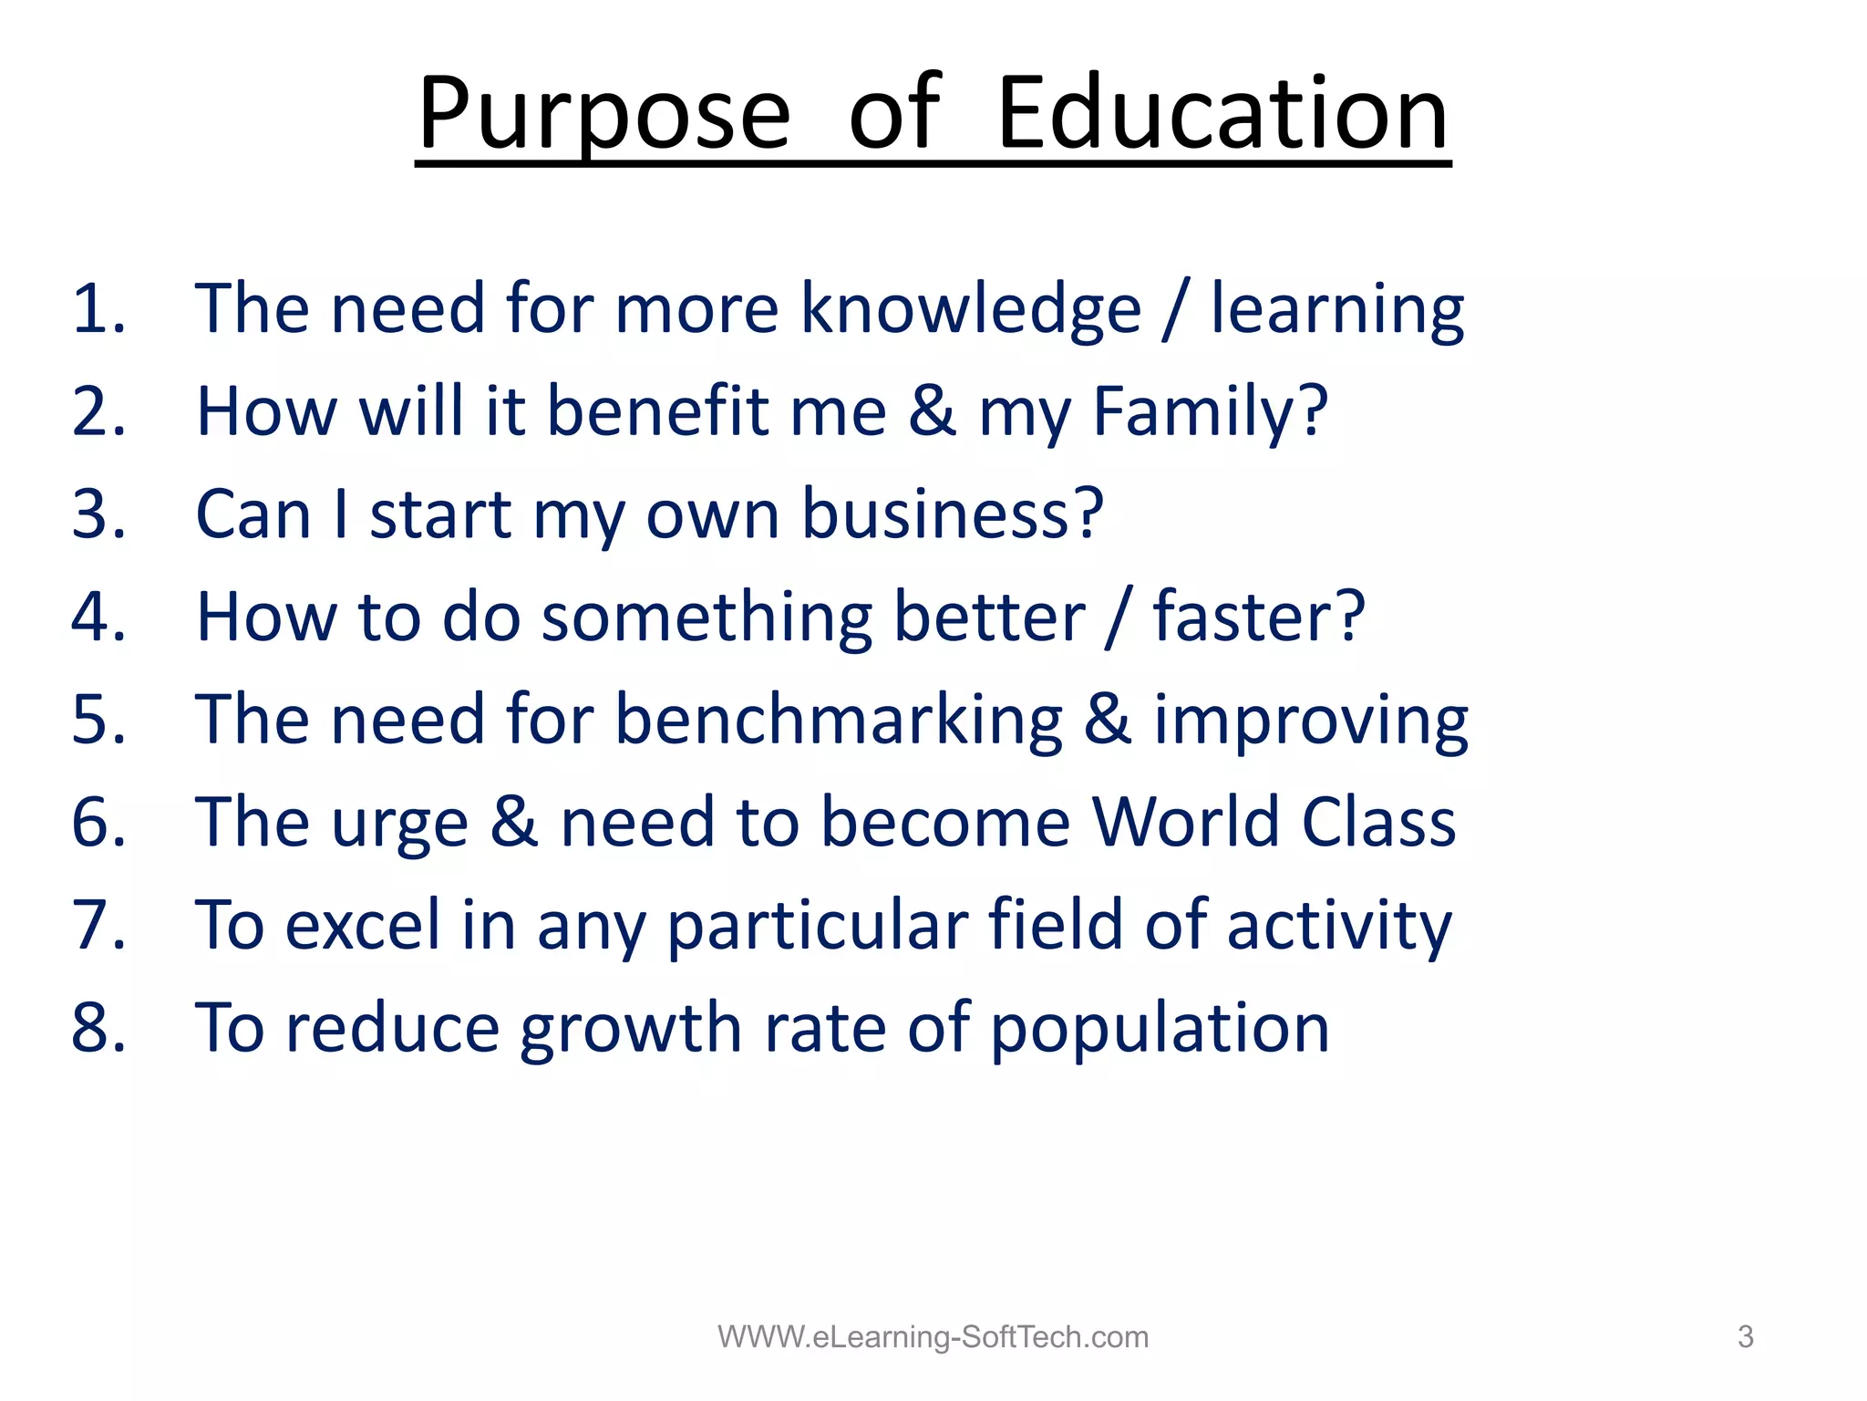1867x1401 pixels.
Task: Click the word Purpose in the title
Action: (x=603, y=114)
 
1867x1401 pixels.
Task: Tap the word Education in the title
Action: (x=1222, y=114)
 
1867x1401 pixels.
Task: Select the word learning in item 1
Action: (x=1336, y=310)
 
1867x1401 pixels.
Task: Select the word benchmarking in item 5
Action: (x=839, y=721)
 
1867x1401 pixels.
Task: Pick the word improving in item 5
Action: (x=1311, y=721)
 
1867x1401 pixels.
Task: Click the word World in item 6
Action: (x=1185, y=822)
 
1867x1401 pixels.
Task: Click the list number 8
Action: (x=98, y=1028)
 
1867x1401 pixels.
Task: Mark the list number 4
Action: (x=98, y=617)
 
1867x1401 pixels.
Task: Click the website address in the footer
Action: (x=933, y=1337)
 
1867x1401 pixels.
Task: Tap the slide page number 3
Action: (x=1745, y=1337)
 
